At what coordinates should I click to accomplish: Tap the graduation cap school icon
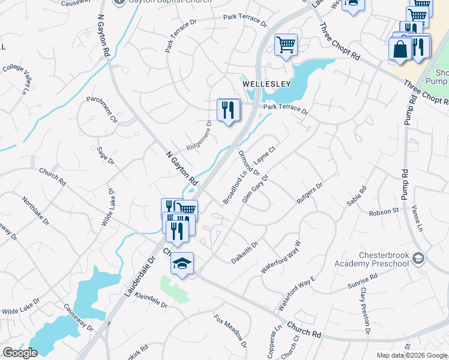pyautogui.click(x=182, y=263)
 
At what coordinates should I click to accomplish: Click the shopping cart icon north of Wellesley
pyautogui.click(x=286, y=45)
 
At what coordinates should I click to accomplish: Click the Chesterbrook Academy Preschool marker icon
pyautogui.click(x=418, y=259)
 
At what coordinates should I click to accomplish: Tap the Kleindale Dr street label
pyautogui.click(x=151, y=299)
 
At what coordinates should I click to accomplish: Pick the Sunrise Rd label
pyautogui.click(x=362, y=282)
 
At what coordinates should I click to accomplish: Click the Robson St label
pyautogui.click(x=384, y=211)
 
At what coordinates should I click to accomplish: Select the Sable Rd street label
pyautogui.click(x=358, y=196)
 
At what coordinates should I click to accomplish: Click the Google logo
pyautogui.click(x=20, y=353)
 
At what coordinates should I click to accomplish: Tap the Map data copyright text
pyautogui.click(x=411, y=355)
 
